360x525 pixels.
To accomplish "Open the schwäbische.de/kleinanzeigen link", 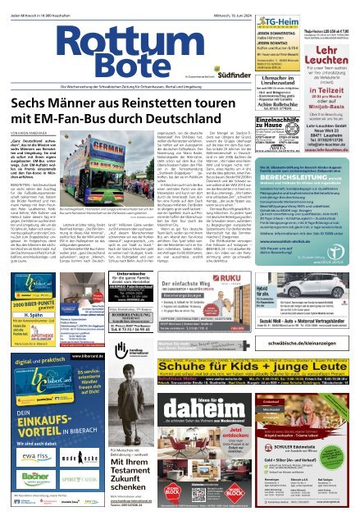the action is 303,348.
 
